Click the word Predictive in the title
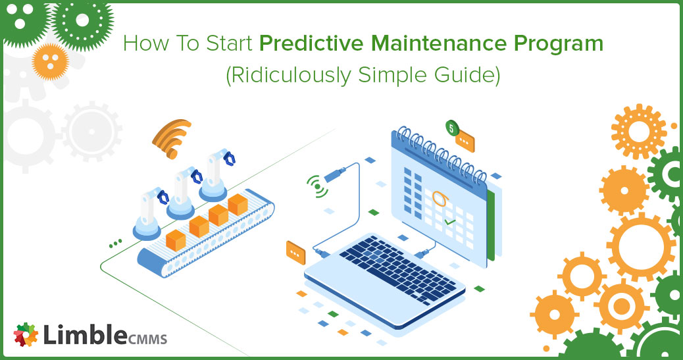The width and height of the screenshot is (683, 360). point(311,43)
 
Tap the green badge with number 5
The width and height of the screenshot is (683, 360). point(451,128)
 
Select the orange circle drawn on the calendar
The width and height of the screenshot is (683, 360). point(440,198)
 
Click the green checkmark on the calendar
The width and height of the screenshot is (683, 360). point(449,222)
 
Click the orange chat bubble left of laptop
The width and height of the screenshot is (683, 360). point(295,253)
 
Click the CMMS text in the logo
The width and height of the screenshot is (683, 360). point(147,338)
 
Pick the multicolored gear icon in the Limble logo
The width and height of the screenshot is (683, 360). point(26,334)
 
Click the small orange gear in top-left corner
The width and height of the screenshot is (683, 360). point(51,61)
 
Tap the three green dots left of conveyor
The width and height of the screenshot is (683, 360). point(115,244)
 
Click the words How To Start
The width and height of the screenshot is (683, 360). point(188,43)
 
